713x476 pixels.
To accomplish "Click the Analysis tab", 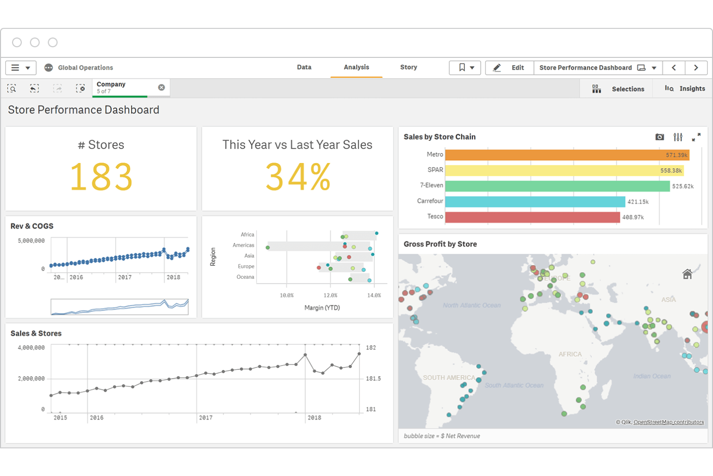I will pos(356,68).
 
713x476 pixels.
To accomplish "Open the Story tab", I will pos(408,68).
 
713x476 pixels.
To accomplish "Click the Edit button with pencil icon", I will pos(509,68).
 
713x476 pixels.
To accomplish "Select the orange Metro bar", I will pos(567,155).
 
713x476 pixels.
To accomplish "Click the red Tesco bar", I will pos(532,217).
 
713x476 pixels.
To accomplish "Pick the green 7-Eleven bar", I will pos(557,186).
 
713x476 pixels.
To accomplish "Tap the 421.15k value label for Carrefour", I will pos(638,202).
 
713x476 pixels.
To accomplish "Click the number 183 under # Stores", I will pos(101,177).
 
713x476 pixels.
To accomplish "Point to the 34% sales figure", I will pos(298,177).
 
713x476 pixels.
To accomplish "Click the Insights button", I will pos(685,89).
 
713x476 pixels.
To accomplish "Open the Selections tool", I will pos(618,89).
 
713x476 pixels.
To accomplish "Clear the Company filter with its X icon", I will pos(161,87).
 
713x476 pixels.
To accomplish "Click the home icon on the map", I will pos(687,274).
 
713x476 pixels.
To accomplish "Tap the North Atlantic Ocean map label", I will pos(471,305).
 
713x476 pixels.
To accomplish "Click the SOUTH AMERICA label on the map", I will pos(449,378).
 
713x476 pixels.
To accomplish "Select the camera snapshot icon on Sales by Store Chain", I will pos(660,137).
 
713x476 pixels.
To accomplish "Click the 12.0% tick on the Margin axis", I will pos(330,295).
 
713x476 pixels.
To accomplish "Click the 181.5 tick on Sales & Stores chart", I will pos(373,379).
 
